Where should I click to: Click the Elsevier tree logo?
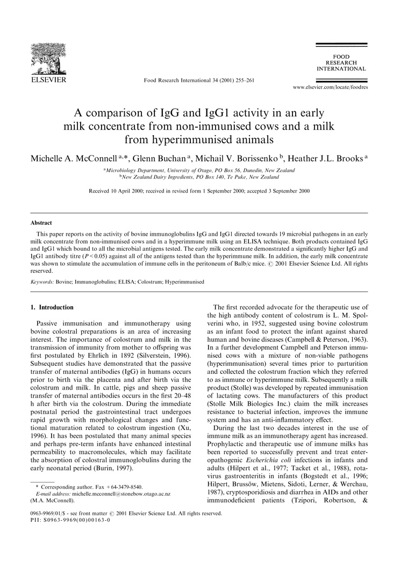(48, 60)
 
